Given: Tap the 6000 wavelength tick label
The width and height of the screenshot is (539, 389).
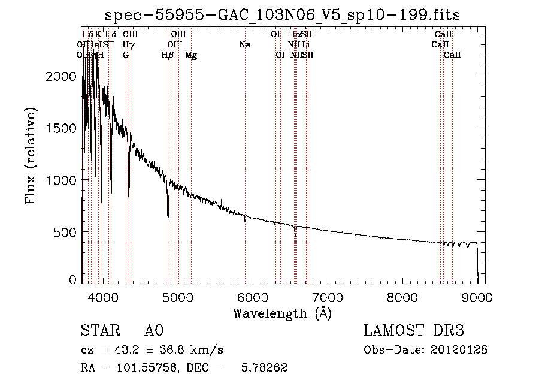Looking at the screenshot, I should [252, 297].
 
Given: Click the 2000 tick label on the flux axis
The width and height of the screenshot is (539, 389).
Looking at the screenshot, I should [63, 77].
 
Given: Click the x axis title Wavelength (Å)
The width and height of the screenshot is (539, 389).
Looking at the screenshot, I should [282, 313].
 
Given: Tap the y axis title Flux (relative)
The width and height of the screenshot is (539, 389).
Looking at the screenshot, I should [31, 156].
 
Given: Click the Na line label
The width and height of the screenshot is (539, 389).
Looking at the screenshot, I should [244, 44].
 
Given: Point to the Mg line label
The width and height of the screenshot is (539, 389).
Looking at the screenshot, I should [191, 55].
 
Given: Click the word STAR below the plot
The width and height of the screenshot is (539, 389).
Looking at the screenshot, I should [99, 331].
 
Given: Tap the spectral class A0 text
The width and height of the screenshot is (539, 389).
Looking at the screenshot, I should [154, 331].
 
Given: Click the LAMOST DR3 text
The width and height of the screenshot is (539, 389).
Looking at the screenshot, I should [414, 331].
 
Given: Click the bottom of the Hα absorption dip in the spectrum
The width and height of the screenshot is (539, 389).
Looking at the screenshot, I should [295, 237].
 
